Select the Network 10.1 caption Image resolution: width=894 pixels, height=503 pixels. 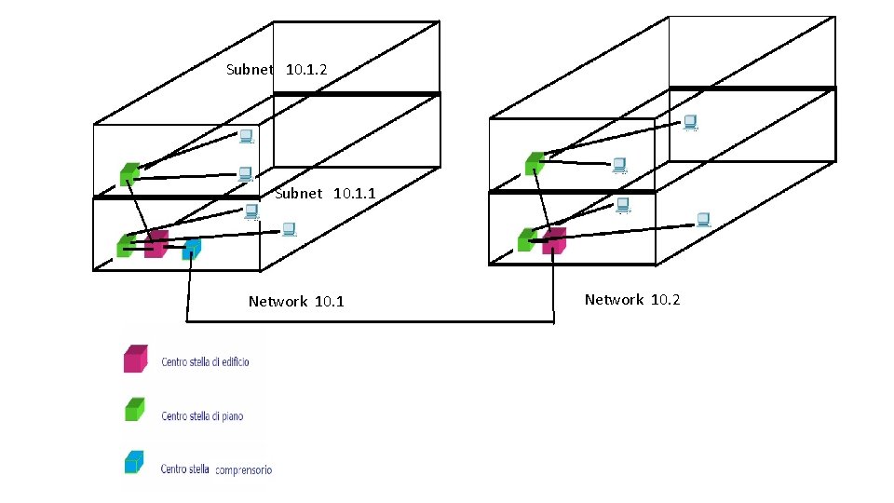(x=296, y=301)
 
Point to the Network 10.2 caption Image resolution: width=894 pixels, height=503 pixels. (x=632, y=299)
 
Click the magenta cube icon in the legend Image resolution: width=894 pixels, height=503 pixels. (x=135, y=359)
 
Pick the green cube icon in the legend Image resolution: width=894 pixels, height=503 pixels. (x=135, y=410)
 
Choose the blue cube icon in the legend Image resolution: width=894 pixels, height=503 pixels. (x=135, y=462)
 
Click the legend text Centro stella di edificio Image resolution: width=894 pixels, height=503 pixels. (x=205, y=361)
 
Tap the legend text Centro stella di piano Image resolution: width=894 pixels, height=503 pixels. (x=202, y=415)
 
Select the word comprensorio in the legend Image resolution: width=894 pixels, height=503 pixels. (x=243, y=470)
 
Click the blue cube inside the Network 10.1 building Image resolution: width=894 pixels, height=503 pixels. (x=191, y=249)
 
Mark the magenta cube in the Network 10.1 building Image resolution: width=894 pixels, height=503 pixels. (x=156, y=244)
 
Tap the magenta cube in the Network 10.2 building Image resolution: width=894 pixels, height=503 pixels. (x=554, y=240)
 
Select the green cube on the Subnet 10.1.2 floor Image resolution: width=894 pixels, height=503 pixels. (x=129, y=173)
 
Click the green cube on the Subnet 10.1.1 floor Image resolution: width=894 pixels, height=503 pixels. (x=126, y=245)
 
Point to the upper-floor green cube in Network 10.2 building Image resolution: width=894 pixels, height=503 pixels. (x=534, y=164)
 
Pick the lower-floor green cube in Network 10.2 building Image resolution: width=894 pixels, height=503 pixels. (x=527, y=239)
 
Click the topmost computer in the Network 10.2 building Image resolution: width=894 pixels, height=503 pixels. (x=690, y=122)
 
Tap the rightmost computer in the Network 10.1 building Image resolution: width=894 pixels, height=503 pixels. (x=289, y=228)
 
